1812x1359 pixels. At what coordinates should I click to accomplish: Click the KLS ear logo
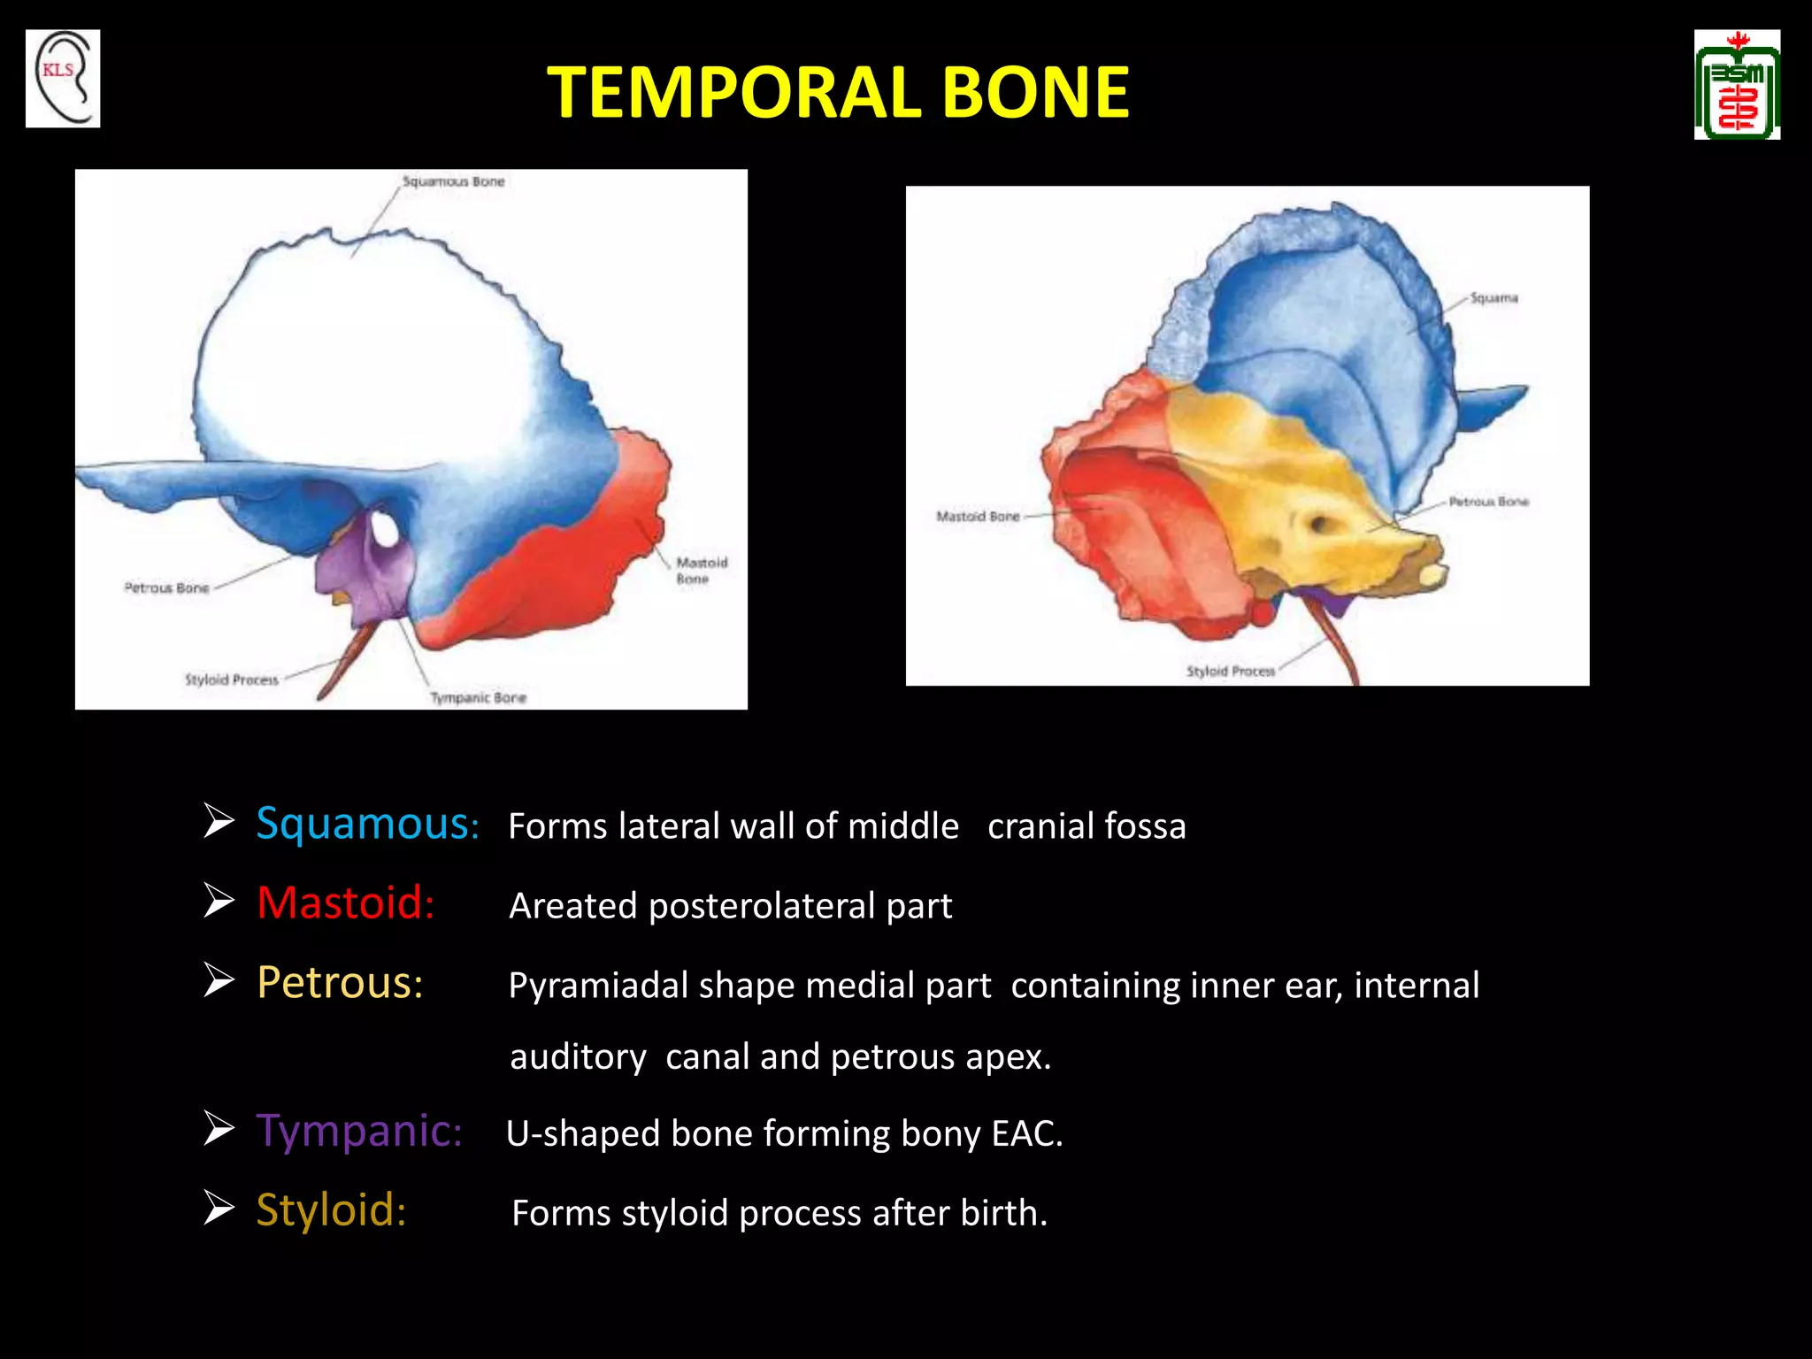(63, 79)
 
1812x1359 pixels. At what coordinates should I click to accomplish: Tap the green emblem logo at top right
(1737, 85)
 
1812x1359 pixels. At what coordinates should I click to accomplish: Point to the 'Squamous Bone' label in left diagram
(453, 181)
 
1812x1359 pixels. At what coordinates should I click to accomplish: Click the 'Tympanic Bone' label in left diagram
(478, 698)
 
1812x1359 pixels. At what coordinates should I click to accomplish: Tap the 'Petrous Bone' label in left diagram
(166, 588)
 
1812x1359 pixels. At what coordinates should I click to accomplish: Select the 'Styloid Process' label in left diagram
(231, 680)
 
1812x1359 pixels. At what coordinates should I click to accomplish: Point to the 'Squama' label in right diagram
(1493, 298)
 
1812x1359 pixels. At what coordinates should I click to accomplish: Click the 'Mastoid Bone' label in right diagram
(978, 516)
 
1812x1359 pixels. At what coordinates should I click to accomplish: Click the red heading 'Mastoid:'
(345, 903)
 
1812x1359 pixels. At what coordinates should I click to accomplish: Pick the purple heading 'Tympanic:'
(359, 1132)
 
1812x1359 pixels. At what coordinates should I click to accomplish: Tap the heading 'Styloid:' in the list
(331, 1210)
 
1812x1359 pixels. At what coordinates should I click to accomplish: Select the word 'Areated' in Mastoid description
(572, 906)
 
